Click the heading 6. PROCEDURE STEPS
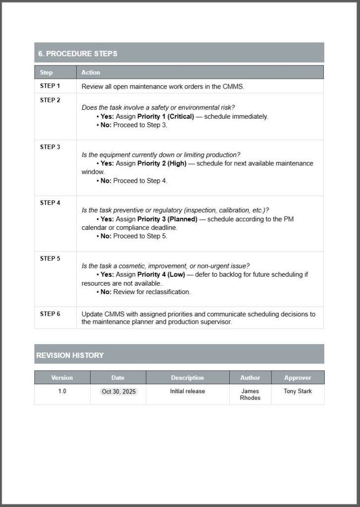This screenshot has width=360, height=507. (x=78, y=53)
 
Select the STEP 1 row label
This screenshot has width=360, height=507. (x=50, y=86)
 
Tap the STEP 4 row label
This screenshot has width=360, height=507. (x=50, y=203)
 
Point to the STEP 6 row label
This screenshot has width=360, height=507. (x=50, y=314)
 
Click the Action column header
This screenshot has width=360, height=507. (x=91, y=72)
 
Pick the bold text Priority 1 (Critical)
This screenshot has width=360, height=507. (x=165, y=117)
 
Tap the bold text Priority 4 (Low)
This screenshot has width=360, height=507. (x=162, y=274)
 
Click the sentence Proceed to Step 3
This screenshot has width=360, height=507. (x=140, y=125)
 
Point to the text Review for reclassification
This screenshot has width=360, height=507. (x=152, y=292)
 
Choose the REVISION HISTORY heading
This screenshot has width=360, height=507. (x=70, y=355)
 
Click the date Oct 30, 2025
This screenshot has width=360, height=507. (x=118, y=392)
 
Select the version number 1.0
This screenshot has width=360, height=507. (x=62, y=391)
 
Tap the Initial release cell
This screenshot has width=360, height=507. (x=187, y=391)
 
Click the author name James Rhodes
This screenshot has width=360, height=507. (x=250, y=395)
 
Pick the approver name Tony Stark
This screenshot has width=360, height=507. (x=298, y=391)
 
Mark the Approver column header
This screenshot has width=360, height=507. (x=298, y=378)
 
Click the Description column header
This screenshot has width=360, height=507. (x=187, y=378)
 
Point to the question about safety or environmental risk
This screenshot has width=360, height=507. (x=158, y=107)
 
